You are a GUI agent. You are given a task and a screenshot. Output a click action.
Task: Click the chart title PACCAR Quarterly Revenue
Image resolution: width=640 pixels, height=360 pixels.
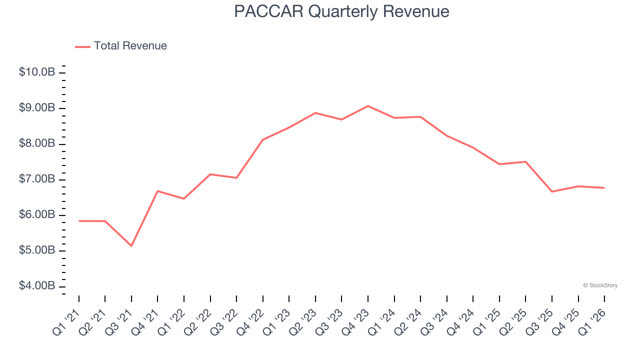(x=341, y=11)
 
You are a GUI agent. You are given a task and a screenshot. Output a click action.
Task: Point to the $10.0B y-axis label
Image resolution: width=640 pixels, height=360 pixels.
(x=37, y=72)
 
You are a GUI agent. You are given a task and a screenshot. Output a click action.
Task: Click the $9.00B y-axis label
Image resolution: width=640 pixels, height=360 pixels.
(x=37, y=108)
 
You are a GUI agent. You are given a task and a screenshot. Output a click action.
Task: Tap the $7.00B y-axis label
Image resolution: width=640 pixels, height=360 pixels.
(x=37, y=179)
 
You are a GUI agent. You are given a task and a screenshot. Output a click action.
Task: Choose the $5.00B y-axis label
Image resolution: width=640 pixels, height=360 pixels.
(x=37, y=250)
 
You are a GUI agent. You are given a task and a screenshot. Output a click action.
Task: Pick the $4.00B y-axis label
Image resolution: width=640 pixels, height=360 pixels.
(x=37, y=286)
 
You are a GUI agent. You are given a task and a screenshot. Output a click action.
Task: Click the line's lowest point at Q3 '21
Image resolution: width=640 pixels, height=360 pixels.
(x=131, y=246)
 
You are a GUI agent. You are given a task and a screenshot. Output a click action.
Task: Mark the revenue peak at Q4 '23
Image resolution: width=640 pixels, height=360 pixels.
(x=368, y=106)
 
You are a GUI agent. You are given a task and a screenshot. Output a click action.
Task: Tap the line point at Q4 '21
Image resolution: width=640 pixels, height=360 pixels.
(x=157, y=191)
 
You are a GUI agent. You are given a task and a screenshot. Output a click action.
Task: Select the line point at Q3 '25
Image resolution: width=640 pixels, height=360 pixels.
(x=552, y=191)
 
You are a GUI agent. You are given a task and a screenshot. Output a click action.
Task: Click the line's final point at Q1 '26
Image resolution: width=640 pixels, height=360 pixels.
(x=604, y=188)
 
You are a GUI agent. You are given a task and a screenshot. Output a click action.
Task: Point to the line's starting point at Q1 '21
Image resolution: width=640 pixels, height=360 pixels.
(x=79, y=220)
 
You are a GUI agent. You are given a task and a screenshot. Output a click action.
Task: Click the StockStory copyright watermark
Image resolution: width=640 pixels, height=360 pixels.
(x=600, y=285)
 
